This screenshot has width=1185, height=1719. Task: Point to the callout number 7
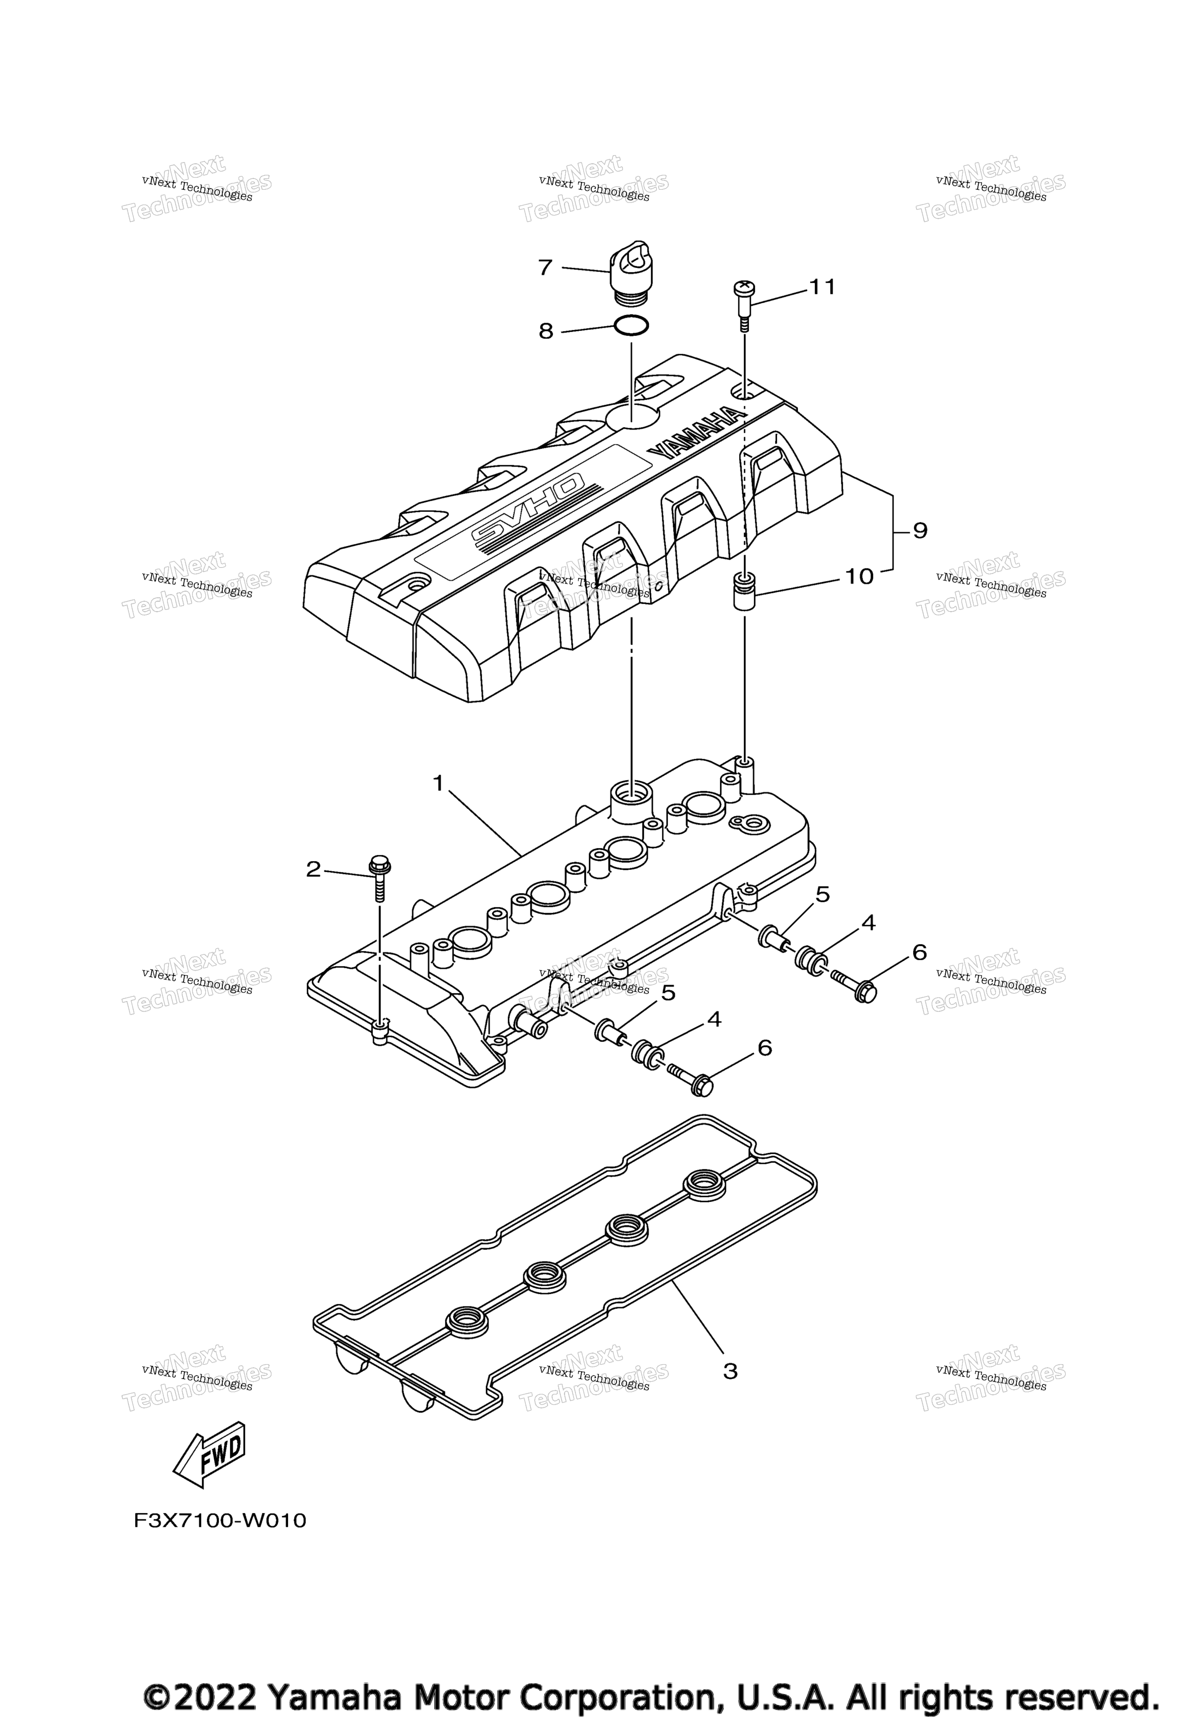click(x=546, y=267)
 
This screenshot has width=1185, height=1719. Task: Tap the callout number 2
click(x=313, y=869)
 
